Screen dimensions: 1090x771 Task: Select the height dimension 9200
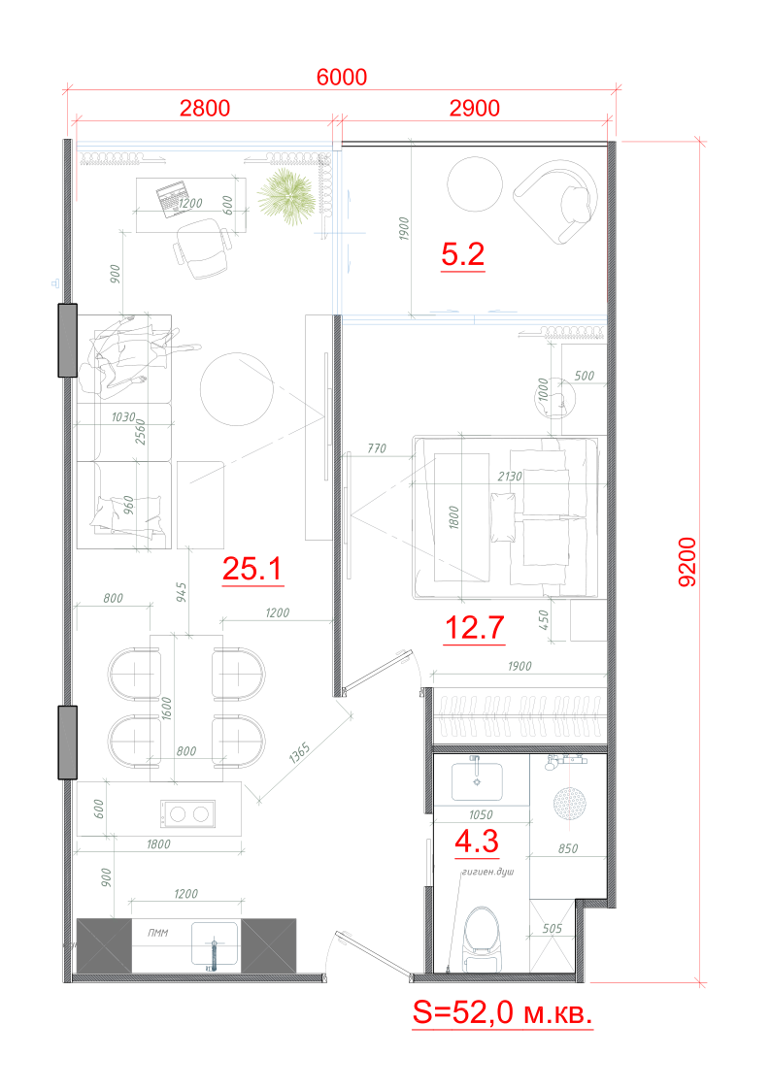click(x=687, y=562)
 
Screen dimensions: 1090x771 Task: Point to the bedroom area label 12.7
click(x=474, y=630)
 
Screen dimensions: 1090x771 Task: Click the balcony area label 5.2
click(x=462, y=256)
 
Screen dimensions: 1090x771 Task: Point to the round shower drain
click(x=568, y=804)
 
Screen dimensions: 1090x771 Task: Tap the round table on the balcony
click(x=474, y=183)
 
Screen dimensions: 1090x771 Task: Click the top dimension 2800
click(x=204, y=108)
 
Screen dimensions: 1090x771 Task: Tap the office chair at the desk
click(x=203, y=245)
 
